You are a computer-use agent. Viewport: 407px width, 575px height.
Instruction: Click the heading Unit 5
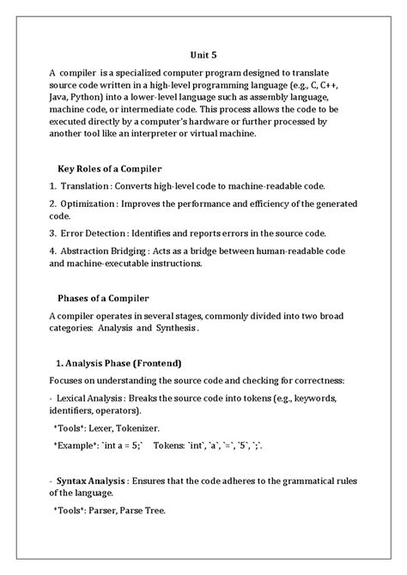click(x=203, y=54)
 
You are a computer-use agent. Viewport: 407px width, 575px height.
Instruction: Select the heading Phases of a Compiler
click(x=103, y=299)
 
